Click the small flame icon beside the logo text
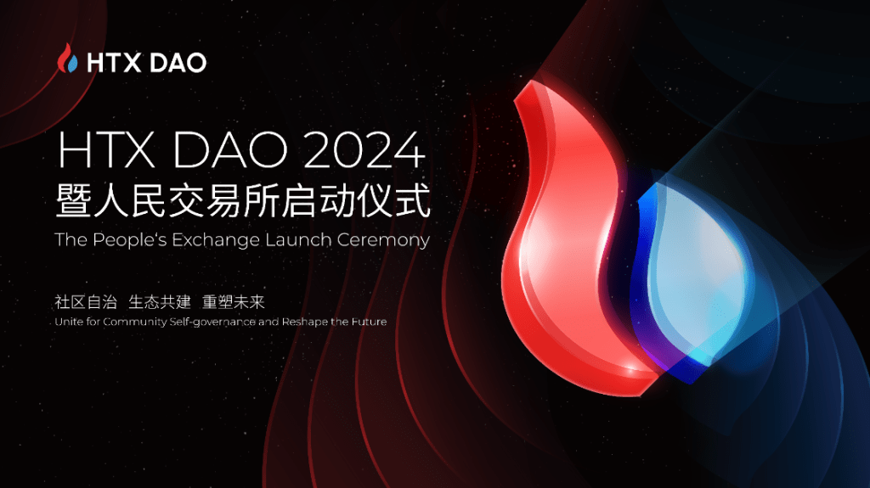point(67,59)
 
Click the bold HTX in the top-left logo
point(114,63)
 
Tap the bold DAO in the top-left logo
point(178,63)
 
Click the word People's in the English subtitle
point(129,240)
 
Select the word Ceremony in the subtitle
point(383,241)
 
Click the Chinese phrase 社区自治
point(86,301)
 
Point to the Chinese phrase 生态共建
point(160,301)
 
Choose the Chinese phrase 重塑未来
point(234,301)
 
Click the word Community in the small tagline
point(134,322)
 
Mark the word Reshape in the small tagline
point(305,322)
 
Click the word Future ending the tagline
point(369,321)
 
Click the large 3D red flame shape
point(561,250)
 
